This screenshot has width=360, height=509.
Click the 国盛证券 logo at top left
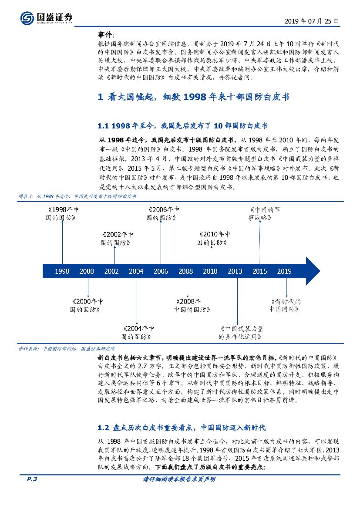point(46,18)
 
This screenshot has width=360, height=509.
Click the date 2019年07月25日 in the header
point(312,21)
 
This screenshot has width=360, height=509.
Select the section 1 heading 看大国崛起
point(194,97)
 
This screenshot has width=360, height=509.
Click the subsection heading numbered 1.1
point(183,125)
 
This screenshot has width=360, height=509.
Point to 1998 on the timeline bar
point(62,271)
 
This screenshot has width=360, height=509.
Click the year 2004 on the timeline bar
point(136,271)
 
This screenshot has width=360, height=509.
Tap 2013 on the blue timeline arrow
point(235,271)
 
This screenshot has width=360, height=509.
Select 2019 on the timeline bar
point(284,271)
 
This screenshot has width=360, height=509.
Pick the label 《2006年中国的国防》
point(161,213)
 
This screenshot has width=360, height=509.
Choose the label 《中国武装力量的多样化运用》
point(240,333)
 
